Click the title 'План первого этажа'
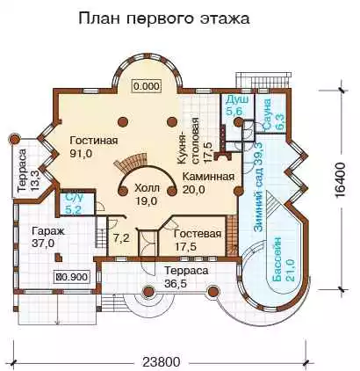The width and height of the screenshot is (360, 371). pos(164,19)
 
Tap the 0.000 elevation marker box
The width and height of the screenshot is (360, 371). pos(147,86)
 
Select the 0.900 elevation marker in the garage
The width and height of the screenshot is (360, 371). pos(72,277)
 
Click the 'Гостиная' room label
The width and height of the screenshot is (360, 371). pos(94,141)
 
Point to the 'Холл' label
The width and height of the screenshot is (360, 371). pos(147,188)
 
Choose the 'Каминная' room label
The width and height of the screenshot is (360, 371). pos(208,177)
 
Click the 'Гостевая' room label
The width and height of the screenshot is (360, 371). pos(198,234)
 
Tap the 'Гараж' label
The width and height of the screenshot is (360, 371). pos(48,231)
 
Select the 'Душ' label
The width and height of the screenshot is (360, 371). pos(237,99)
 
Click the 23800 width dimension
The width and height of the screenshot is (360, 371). pos(161,362)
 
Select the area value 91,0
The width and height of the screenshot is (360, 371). pos(82,153)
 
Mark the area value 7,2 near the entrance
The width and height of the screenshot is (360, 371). pos(121,238)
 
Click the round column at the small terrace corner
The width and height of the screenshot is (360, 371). pos(13,140)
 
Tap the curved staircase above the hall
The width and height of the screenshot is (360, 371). pos(130,164)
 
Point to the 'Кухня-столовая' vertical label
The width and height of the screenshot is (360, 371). pos(192,141)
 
